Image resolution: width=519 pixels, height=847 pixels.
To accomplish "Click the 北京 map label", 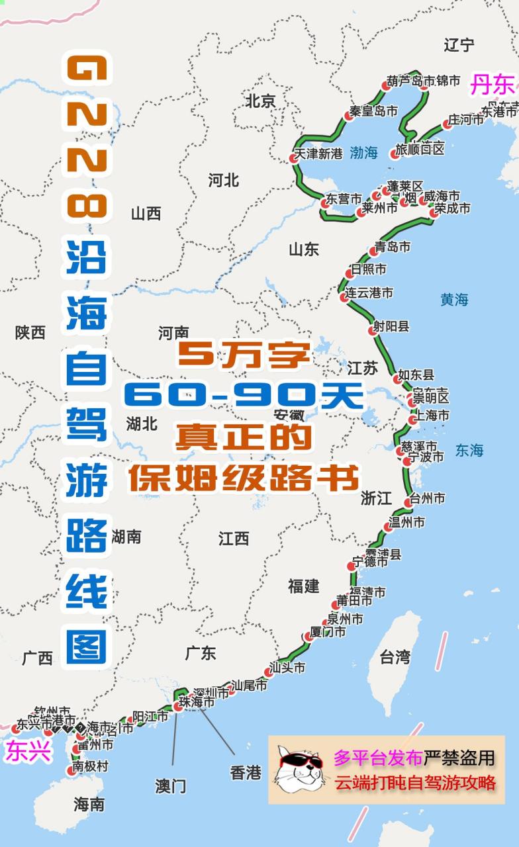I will (260, 101).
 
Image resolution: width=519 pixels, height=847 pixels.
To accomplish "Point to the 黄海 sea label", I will (454, 300).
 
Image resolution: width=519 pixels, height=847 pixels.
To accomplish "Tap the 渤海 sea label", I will (363, 153).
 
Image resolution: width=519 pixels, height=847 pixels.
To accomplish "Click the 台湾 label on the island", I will (395, 657).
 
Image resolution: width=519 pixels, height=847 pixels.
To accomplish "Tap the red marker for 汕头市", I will (269, 672).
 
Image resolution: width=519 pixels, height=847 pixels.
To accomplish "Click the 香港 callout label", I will (246, 772).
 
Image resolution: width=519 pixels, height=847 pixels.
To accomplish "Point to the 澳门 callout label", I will (171, 786).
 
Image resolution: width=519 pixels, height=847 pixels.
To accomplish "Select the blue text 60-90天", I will (244, 396).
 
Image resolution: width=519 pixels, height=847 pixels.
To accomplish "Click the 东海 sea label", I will (469, 451).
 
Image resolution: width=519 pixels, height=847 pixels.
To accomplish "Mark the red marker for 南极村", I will (71, 770).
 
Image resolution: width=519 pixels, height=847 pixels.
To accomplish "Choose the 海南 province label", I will (89, 805).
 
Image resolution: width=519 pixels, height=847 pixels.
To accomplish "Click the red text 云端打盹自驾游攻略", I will (415, 782).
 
